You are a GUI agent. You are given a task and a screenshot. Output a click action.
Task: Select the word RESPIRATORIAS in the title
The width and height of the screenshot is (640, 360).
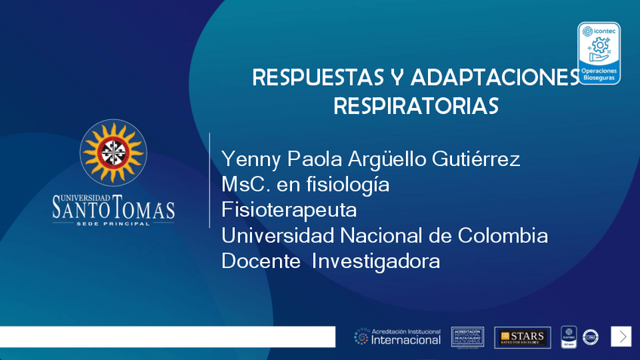(416, 106)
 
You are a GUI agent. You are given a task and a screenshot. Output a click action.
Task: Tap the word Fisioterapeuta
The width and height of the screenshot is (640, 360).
(288, 210)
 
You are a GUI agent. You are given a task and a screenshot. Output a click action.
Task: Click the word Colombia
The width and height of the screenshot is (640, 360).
(503, 235)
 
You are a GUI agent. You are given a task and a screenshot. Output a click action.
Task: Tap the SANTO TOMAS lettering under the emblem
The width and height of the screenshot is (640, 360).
(113, 207)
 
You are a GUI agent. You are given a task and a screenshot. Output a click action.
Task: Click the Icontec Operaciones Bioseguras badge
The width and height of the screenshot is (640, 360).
(598, 53)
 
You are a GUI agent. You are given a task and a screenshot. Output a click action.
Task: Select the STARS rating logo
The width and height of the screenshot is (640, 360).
(522, 337)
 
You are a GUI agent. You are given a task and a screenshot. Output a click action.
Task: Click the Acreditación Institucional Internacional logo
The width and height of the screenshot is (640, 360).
(398, 337)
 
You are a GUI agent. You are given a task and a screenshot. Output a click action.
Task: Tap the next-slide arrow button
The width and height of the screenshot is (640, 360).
(621, 337)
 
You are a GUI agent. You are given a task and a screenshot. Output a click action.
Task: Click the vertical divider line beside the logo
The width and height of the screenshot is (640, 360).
(209, 180)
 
